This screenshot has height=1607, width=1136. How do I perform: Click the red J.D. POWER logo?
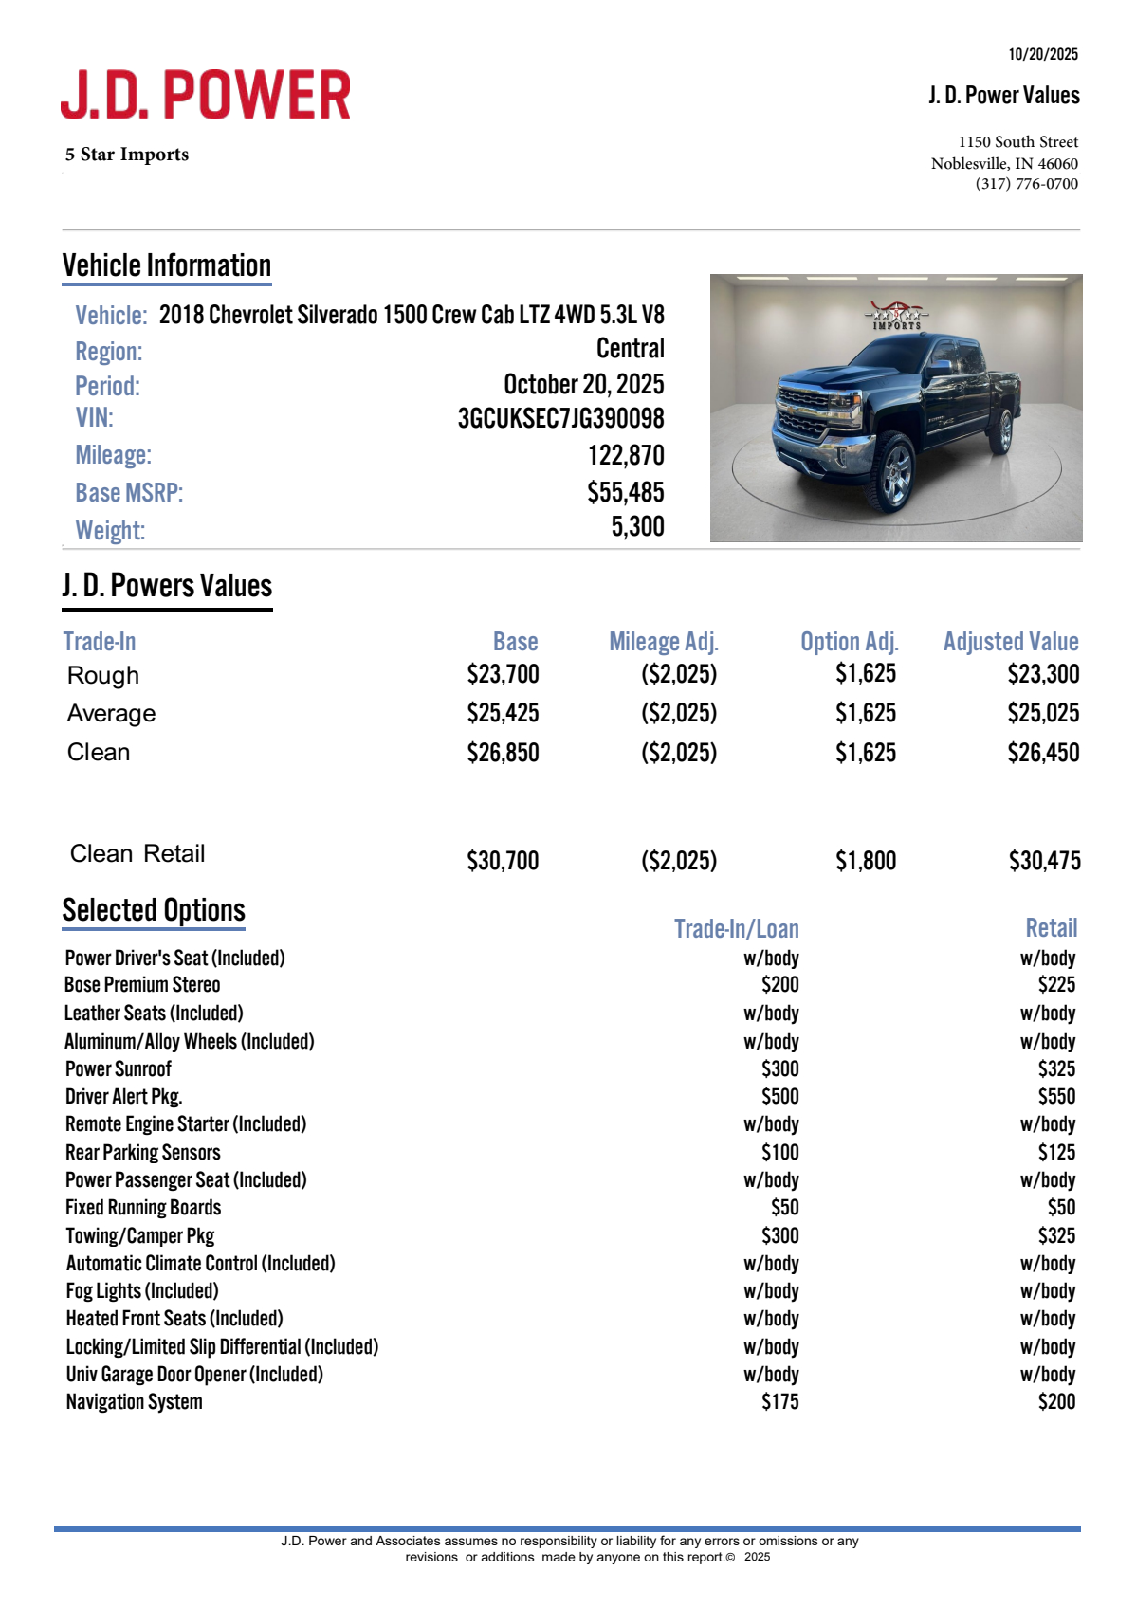[206, 95]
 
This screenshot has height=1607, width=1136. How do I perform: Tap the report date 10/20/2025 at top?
[1042, 54]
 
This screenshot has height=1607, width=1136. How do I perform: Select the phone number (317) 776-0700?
[1026, 184]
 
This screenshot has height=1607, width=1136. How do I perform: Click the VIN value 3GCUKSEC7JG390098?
[560, 418]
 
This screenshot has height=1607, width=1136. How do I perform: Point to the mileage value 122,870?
[625, 455]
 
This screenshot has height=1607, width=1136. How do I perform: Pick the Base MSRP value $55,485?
[625, 492]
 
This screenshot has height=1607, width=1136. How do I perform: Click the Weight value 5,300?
[637, 526]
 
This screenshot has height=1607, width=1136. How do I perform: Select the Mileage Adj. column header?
[663, 642]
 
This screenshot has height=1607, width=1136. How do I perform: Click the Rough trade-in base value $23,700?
[503, 674]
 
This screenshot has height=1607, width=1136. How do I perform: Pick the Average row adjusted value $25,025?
[1042, 713]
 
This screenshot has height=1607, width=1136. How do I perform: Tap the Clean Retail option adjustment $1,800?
[865, 861]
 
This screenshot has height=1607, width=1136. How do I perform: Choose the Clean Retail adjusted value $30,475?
[1044, 861]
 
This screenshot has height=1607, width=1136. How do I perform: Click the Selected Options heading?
[154, 910]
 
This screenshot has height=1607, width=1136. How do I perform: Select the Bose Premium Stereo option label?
[142, 985]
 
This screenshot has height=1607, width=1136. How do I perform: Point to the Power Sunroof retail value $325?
[1056, 1068]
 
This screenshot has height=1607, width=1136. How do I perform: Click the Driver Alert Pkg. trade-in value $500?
[779, 1097]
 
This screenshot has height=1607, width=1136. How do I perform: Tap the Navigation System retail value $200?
[1056, 1401]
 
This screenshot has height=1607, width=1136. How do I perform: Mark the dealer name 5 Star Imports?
[127, 155]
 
